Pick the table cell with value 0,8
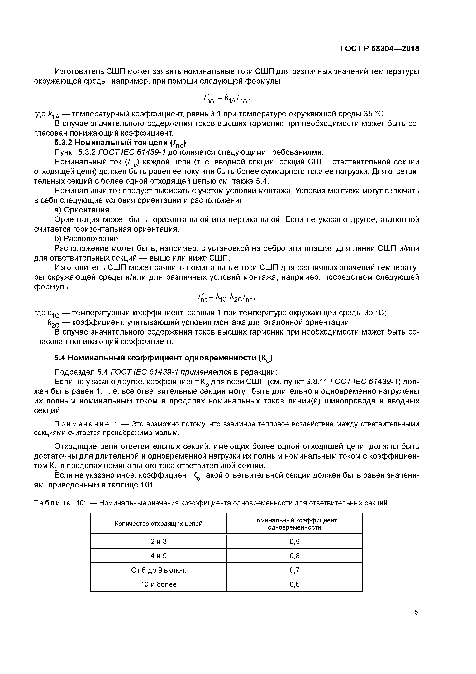pyautogui.click(x=294, y=556)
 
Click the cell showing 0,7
pyautogui.click(x=294, y=570)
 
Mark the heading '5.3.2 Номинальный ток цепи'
pyautogui.click(x=120, y=143)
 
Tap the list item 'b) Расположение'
pyautogui.click(x=86, y=239)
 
